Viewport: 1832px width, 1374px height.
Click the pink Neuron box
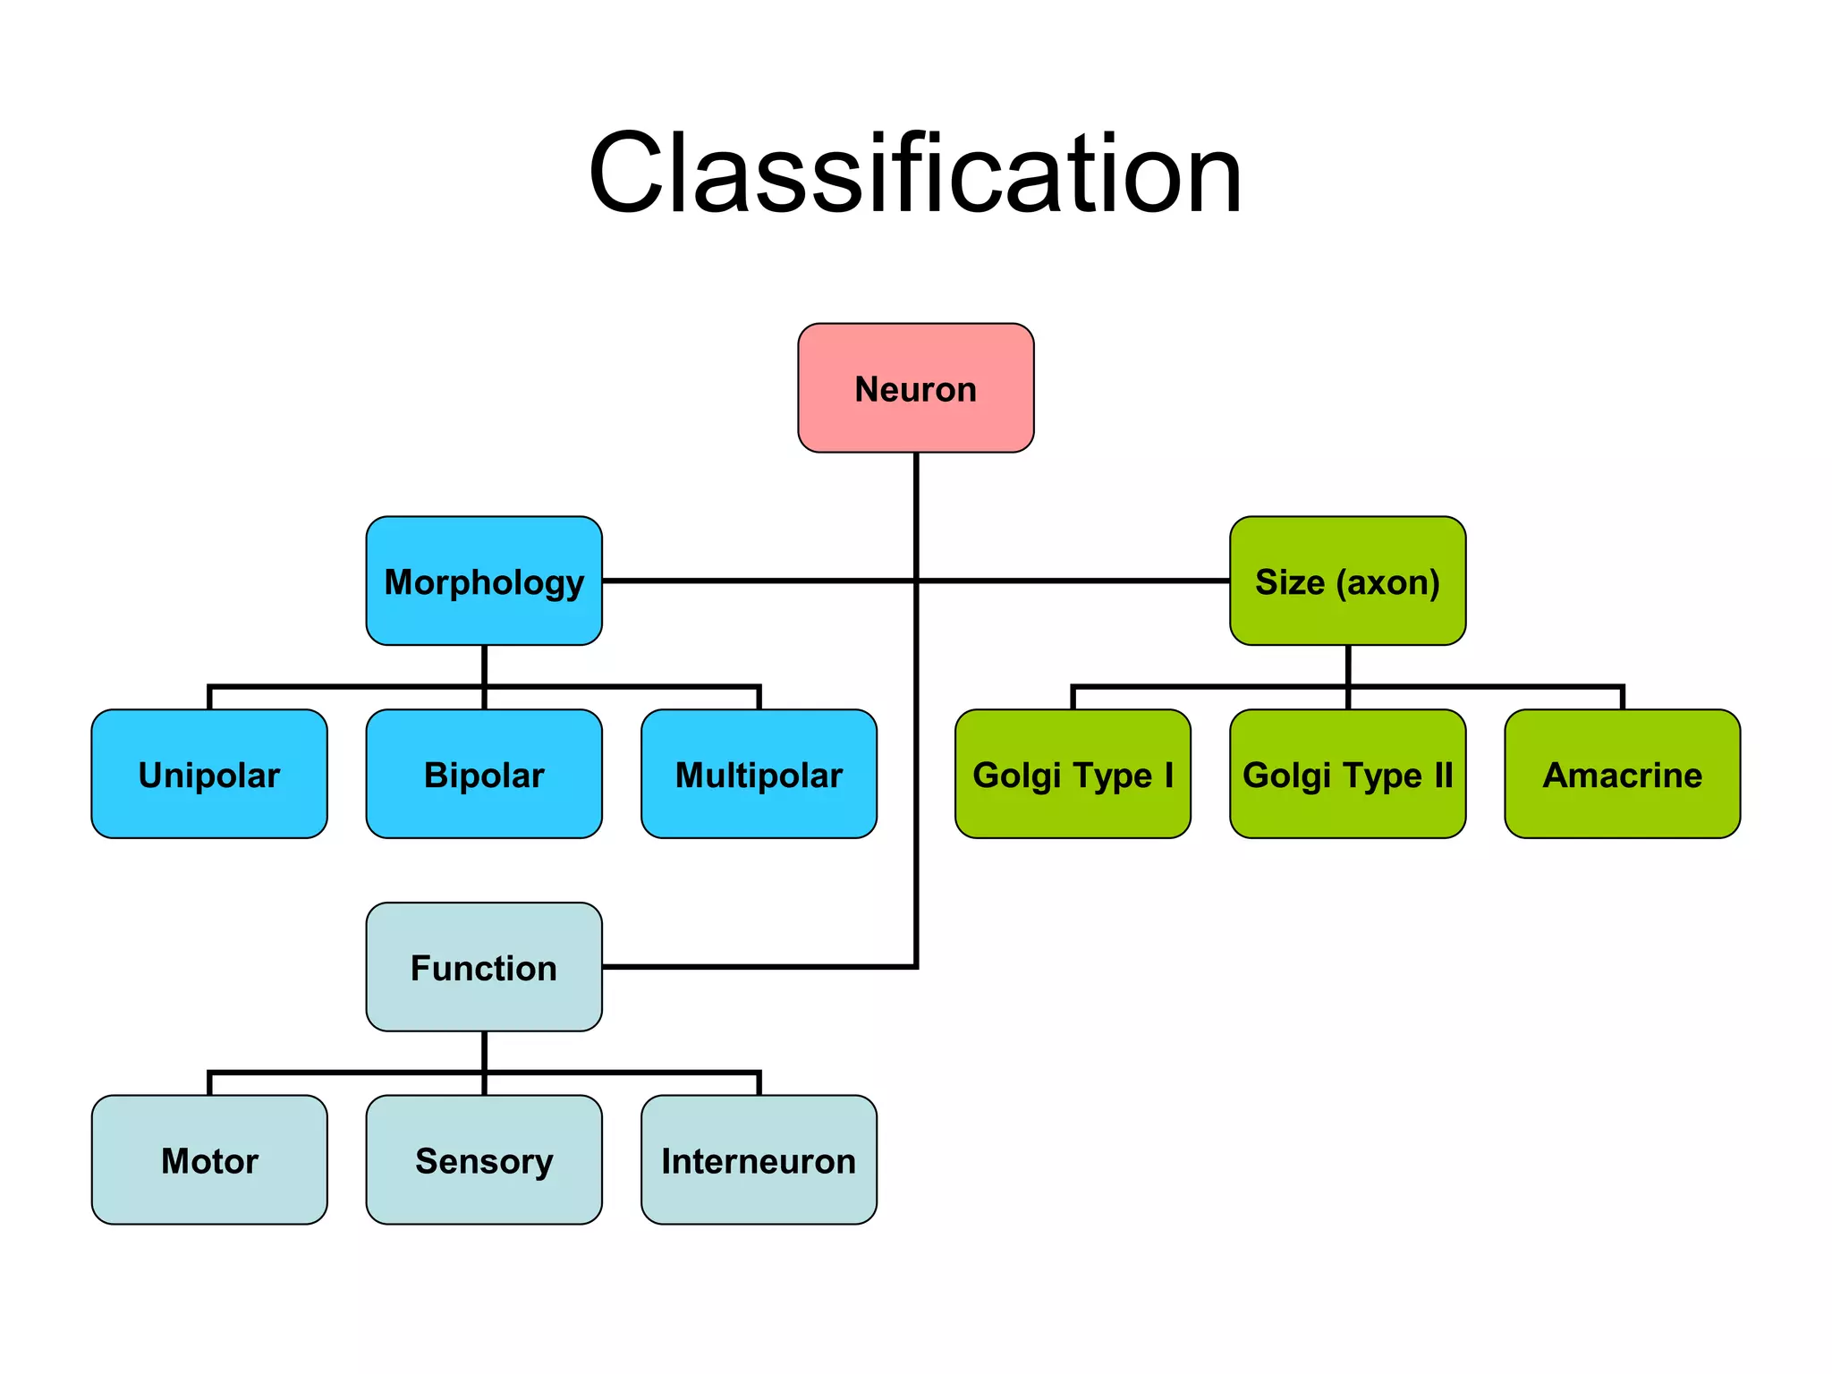(x=915, y=388)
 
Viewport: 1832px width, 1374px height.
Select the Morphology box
(x=484, y=581)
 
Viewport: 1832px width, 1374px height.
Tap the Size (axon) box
(x=1347, y=581)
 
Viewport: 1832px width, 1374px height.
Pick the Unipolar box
(x=209, y=775)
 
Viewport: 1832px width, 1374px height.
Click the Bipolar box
(x=484, y=775)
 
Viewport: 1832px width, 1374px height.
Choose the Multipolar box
(x=759, y=775)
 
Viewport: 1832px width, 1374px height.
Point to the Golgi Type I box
(x=1073, y=775)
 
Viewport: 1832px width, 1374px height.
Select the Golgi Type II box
(x=1347, y=775)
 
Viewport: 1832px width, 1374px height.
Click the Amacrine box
(x=1622, y=775)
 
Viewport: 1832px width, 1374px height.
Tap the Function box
(x=484, y=967)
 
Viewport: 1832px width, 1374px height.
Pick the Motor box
(x=209, y=1160)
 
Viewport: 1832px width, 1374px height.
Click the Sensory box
(x=484, y=1160)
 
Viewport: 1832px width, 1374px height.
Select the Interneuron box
(x=759, y=1160)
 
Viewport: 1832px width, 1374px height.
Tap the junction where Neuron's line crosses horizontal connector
(x=916, y=581)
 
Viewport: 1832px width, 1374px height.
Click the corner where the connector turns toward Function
(x=916, y=966)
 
